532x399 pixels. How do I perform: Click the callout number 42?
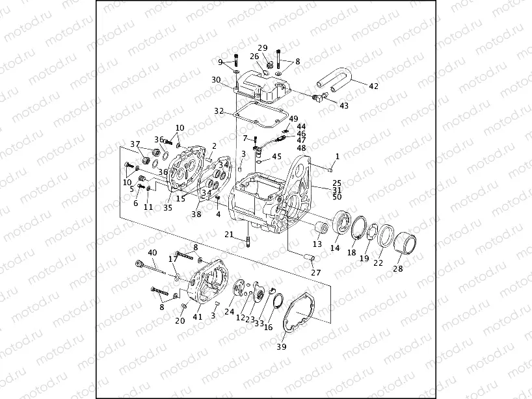pos(373,86)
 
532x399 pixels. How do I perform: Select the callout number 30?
pos(216,79)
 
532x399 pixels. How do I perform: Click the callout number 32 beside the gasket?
pos(219,111)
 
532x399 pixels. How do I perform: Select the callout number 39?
pos(282,346)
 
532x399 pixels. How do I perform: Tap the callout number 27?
pos(315,272)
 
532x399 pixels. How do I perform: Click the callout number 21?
pos(229,235)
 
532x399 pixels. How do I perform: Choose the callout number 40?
pos(152,253)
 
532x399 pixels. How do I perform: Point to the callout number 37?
pos(135,144)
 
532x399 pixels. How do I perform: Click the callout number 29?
pos(263,47)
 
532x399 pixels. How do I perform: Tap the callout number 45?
pos(276,157)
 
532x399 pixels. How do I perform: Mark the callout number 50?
pos(337,196)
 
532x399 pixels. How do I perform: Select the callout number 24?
pos(229,312)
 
